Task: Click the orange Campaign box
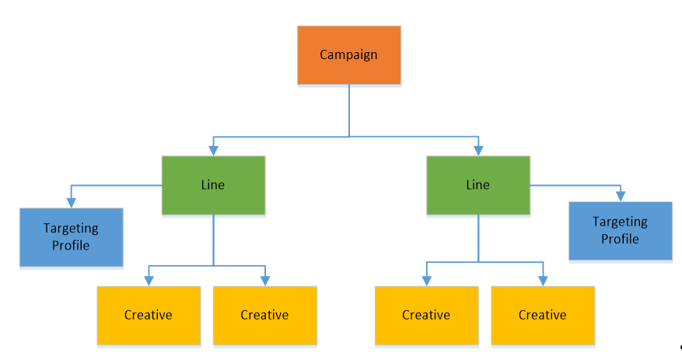pyautogui.click(x=349, y=54)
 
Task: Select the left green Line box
pyautogui.click(x=213, y=185)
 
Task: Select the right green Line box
pyautogui.click(x=477, y=185)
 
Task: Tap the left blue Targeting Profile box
pyautogui.click(x=71, y=237)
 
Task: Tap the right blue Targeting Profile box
pyautogui.click(x=620, y=230)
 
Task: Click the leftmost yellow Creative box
pyautogui.click(x=148, y=315)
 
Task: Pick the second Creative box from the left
pyautogui.click(x=264, y=315)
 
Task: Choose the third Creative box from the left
pyautogui.click(x=426, y=315)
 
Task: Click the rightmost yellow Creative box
pyautogui.click(x=542, y=315)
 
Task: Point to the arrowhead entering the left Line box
pyautogui.click(x=213, y=151)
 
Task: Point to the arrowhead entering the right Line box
pyautogui.click(x=477, y=151)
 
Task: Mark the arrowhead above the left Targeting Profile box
pyautogui.click(x=72, y=203)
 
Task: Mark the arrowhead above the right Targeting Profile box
pyautogui.click(x=620, y=197)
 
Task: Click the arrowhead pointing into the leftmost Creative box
pyautogui.click(x=148, y=281)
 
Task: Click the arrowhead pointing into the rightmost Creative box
pyautogui.click(x=542, y=281)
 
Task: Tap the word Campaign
pyautogui.click(x=349, y=54)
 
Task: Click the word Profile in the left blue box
pyautogui.click(x=71, y=246)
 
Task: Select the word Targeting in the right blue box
pyautogui.click(x=620, y=222)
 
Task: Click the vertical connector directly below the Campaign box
pyautogui.click(x=349, y=109)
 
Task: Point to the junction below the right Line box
pyautogui.click(x=478, y=262)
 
